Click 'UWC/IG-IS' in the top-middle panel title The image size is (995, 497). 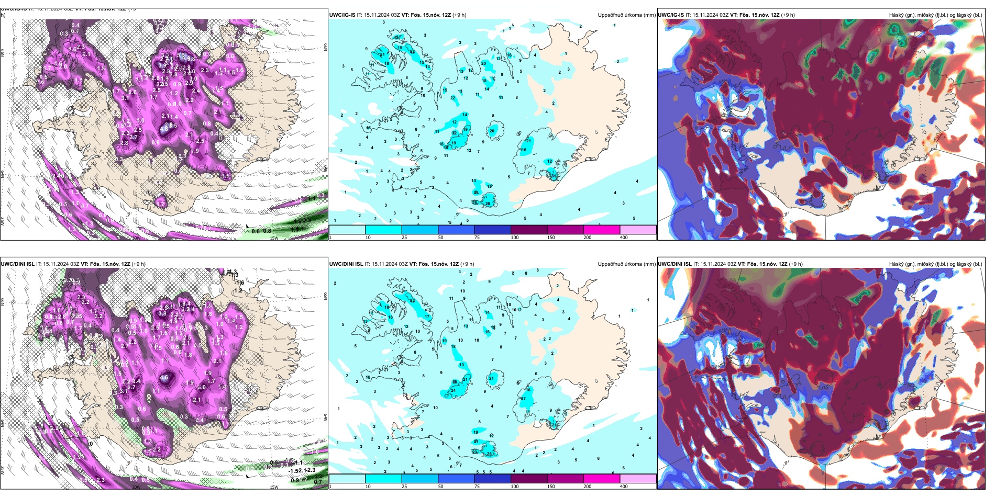point(342,15)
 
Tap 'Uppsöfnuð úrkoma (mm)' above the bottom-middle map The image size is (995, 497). point(626,264)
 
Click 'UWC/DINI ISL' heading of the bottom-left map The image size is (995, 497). point(17,264)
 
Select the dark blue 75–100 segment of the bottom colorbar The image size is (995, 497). point(492,479)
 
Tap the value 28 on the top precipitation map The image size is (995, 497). point(488,204)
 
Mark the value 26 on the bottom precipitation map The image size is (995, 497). point(489,454)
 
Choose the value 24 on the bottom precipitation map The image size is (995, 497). point(453,391)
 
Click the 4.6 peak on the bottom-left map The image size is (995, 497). point(164,377)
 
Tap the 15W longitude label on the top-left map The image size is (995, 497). point(273,238)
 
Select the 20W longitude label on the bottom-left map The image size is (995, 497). point(136,487)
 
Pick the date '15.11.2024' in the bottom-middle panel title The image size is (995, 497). point(383,264)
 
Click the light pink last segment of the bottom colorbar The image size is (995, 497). point(638,479)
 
